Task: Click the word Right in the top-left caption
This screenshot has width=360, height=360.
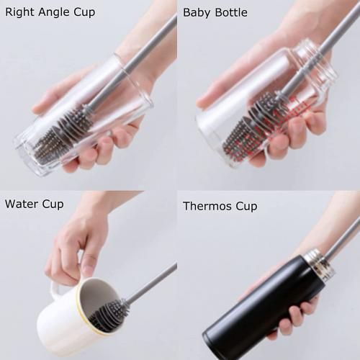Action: click(x=19, y=12)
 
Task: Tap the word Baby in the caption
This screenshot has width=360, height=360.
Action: click(x=197, y=12)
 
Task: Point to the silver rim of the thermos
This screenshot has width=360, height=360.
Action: click(x=317, y=259)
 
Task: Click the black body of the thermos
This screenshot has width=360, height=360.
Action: click(x=252, y=310)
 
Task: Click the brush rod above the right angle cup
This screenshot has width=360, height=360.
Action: click(x=144, y=50)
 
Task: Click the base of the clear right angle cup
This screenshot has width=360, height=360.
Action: click(x=32, y=155)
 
